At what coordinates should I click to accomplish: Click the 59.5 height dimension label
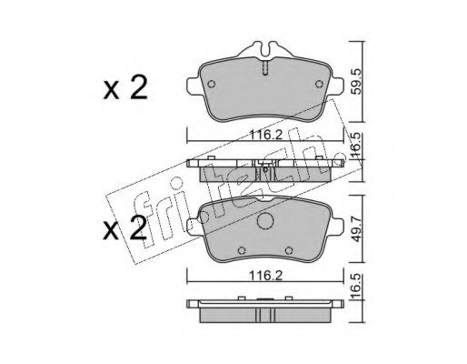coord(357,81)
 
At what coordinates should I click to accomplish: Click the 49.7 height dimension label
coord(357,229)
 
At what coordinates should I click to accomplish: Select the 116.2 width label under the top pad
coord(265,135)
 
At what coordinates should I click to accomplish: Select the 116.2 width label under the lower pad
coord(265,276)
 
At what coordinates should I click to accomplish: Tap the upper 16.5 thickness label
coord(357,146)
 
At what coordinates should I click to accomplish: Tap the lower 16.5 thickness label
coord(357,287)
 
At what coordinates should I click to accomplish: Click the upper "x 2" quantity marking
coord(125,88)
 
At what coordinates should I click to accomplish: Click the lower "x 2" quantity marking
coord(125,228)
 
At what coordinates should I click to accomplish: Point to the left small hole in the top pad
coord(212,84)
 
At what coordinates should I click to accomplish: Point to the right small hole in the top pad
coord(319,84)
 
